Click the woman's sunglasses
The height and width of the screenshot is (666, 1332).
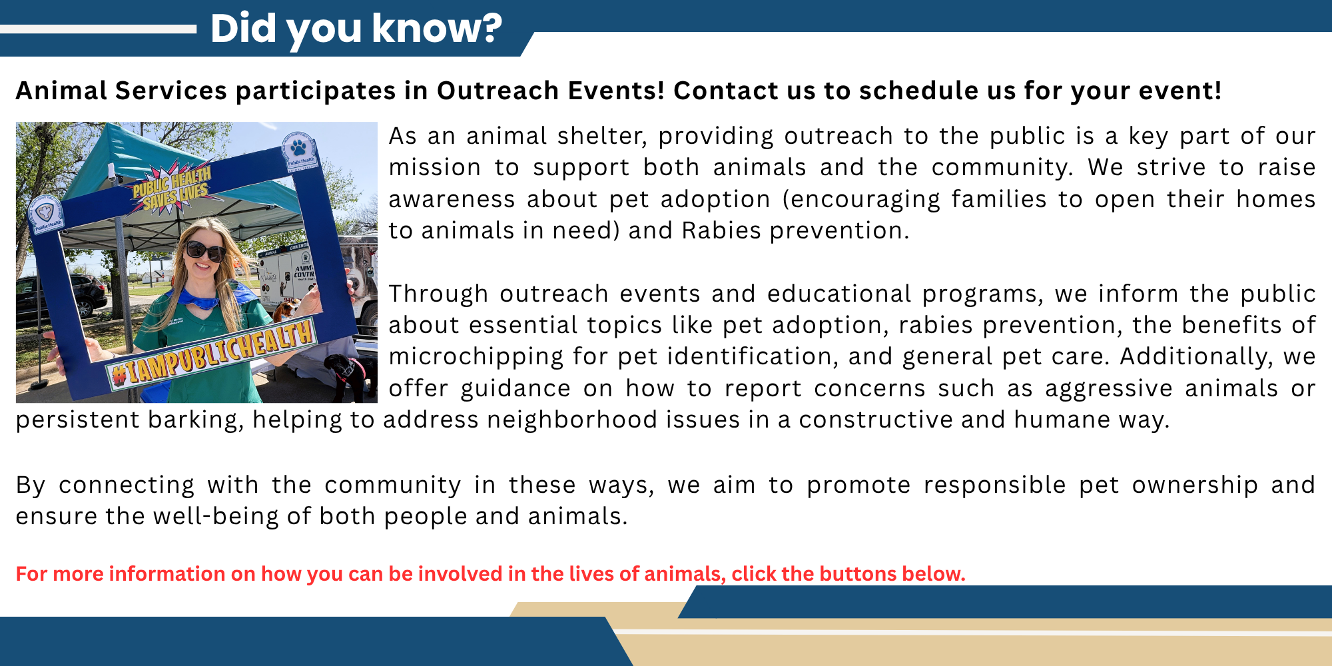coord(204,251)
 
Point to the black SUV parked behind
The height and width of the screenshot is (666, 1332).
coord(60,296)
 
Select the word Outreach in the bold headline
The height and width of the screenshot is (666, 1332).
coord(498,91)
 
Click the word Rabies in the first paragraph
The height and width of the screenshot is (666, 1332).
coord(721,230)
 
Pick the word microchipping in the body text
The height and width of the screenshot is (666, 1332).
coord(476,356)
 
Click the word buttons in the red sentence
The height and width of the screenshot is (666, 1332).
coord(857,573)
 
